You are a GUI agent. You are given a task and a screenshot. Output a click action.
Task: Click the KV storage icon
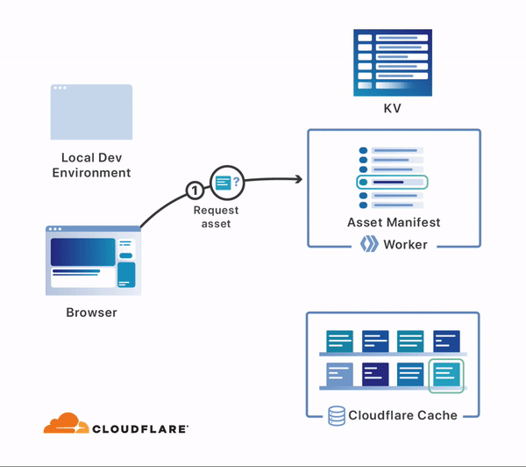click(393, 61)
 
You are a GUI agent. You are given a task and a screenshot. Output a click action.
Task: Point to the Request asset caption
click(216, 216)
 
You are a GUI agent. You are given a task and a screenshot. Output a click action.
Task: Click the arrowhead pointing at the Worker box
click(297, 180)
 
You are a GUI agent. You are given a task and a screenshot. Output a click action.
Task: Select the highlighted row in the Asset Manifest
click(392, 182)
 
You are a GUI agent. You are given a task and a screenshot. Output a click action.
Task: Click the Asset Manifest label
click(394, 222)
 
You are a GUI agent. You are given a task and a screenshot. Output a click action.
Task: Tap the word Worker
click(405, 244)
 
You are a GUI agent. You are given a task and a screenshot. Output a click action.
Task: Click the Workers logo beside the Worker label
click(369, 244)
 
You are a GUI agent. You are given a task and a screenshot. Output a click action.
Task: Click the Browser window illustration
click(93, 261)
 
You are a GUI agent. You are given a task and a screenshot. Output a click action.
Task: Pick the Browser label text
click(91, 312)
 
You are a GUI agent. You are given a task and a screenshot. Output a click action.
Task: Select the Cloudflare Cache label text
click(403, 415)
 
